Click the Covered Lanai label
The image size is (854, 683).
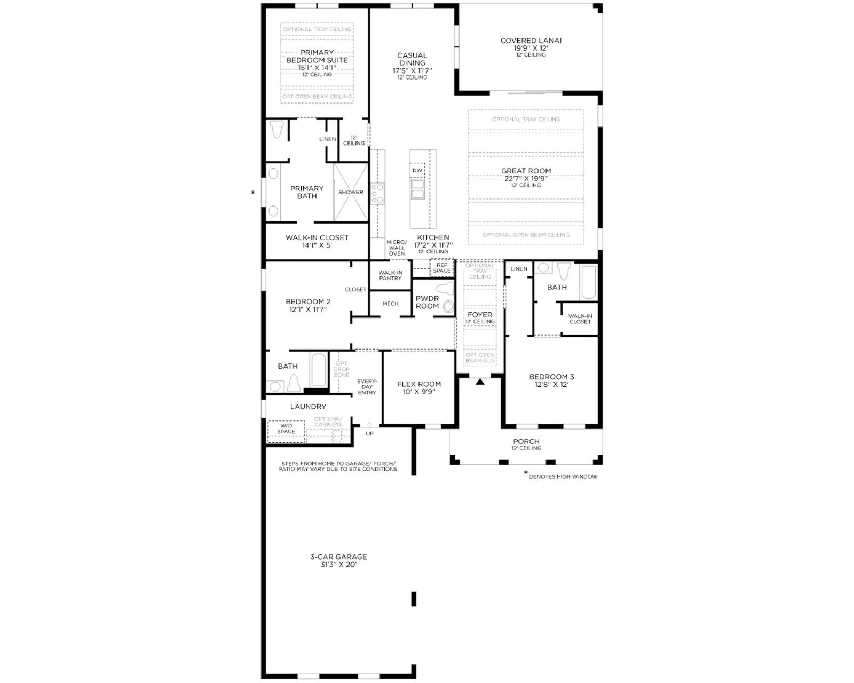pos(531,41)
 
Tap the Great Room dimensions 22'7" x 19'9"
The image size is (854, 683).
pos(526,179)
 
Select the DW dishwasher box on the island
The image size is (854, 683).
pos(417,170)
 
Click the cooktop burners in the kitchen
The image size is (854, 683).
pos(377,194)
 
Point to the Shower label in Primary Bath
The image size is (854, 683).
pos(351,192)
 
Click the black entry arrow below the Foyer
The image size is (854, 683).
pos(480,382)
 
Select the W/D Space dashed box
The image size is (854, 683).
pos(286,431)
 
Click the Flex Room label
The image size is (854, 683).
pos(418,384)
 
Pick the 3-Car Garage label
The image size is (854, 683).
pos(338,557)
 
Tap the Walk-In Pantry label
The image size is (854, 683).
pos(390,275)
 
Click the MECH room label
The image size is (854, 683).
pos(390,304)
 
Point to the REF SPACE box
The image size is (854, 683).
pos(442,268)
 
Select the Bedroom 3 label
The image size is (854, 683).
pos(551,377)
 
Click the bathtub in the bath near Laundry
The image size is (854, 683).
pos(319,370)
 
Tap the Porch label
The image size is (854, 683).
pos(526,441)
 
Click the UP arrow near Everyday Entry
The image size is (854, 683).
pos(369,425)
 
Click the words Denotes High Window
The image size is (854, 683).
pos(563,476)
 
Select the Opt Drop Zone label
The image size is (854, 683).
pos(341,369)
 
